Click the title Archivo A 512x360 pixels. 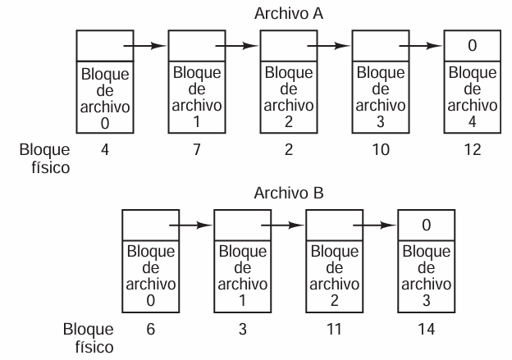pos(289,14)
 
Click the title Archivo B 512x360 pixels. pos(289,193)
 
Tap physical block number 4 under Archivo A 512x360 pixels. pos(105,150)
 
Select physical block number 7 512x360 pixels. pos(197,150)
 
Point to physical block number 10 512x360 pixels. pos(381,150)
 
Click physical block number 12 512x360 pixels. pos(472,150)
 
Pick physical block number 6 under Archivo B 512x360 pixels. pos(150,329)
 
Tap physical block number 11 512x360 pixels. pos(334,329)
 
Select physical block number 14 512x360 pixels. pos(426,329)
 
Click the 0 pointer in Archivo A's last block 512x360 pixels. pos(472,45)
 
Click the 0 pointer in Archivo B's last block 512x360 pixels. pos(426,225)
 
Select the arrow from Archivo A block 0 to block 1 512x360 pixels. pos(145,46)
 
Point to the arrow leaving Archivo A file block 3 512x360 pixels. pos(421,46)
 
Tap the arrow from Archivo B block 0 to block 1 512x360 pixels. pos(190,225)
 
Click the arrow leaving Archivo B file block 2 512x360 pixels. pos(374,225)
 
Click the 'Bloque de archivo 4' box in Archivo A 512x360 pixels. pos(472,97)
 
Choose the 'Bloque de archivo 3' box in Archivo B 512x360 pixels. pos(426,276)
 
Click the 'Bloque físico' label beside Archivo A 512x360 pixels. pos(45,158)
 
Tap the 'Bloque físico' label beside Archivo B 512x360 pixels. pos(89,338)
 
